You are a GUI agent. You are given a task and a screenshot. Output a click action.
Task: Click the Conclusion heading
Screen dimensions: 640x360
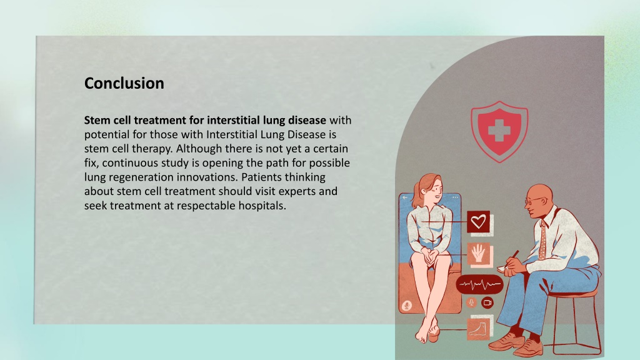pyautogui.click(x=124, y=83)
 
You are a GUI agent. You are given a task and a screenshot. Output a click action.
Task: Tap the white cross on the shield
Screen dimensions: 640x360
pyautogui.click(x=499, y=131)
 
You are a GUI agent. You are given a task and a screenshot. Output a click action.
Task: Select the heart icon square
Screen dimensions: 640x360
pyautogui.click(x=478, y=222)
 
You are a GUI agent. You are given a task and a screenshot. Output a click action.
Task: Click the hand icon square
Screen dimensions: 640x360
pyautogui.click(x=478, y=254)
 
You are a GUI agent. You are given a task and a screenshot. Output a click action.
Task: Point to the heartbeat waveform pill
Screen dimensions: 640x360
pyautogui.click(x=479, y=284)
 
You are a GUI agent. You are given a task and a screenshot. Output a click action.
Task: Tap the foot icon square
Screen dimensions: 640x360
pyautogui.click(x=478, y=329)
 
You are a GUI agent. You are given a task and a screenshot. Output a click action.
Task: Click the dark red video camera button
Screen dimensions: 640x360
pyautogui.click(x=487, y=303)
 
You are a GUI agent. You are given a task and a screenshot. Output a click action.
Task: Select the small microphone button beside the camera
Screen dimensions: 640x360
pyautogui.click(x=471, y=303)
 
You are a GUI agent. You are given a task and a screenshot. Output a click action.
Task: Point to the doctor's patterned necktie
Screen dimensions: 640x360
pyautogui.click(x=542, y=241)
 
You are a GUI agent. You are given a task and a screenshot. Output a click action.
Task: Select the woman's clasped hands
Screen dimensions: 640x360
pyautogui.click(x=429, y=256)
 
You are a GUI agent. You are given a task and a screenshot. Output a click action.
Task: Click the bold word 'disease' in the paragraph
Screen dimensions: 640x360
pyautogui.click(x=307, y=121)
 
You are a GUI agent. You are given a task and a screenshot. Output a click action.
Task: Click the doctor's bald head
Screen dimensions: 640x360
pyautogui.click(x=539, y=192)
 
